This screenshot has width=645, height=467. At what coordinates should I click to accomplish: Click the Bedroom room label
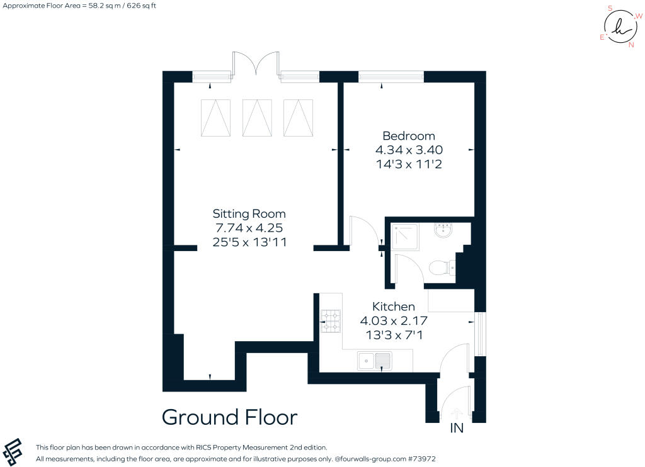408,136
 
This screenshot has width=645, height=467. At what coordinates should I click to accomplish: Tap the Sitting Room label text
249,214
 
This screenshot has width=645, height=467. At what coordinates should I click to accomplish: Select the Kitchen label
393,307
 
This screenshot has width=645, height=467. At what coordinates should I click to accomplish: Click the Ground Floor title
229,417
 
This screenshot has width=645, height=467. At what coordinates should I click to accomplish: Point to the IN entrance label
457,428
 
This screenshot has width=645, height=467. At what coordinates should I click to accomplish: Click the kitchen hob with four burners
331,321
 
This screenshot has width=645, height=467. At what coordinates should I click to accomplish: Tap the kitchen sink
374,361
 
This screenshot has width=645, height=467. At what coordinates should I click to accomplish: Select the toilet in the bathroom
442,269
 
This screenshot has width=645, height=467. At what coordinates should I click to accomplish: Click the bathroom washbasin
443,230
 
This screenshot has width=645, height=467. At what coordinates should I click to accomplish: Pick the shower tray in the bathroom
404,237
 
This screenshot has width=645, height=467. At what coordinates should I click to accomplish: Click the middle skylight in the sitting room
257,118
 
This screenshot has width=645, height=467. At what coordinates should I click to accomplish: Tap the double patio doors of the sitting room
256,64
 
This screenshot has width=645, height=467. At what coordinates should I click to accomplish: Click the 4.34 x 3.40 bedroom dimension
409,150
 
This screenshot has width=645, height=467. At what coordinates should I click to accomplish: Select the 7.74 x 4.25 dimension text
249,228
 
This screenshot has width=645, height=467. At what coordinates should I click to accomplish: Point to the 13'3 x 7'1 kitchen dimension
394,335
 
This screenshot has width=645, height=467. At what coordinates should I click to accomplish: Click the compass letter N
631,45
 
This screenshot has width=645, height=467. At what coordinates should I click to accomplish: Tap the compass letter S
610,8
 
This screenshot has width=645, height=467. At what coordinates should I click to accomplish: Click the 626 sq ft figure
142,6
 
